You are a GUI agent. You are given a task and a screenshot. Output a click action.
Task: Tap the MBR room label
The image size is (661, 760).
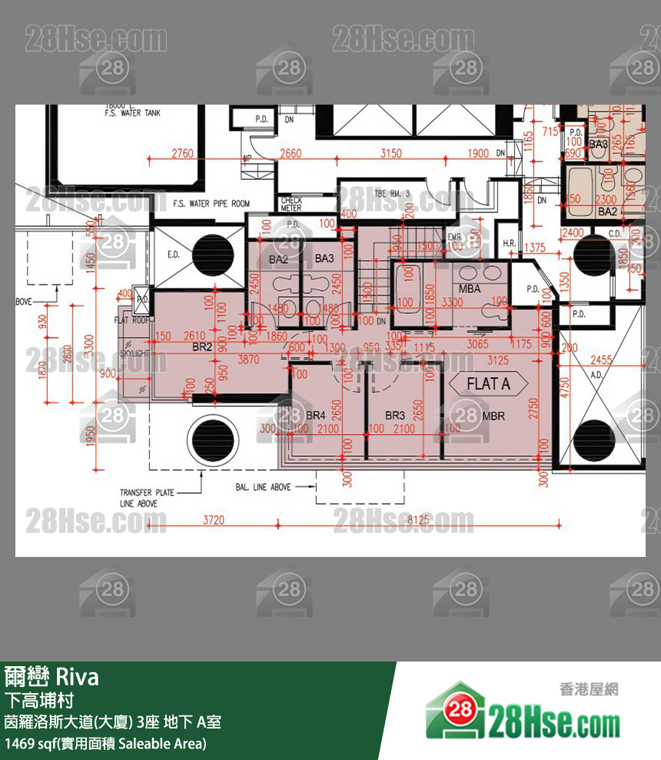click(493, 416)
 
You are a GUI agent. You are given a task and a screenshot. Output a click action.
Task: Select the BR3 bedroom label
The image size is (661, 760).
click(395, 415)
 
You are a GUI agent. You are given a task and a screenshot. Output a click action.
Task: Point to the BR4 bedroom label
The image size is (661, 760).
click(316, 415)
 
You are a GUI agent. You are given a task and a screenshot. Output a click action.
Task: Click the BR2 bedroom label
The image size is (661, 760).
click(202, 348)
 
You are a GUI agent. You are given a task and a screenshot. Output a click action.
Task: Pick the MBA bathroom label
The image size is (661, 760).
click(470, 289)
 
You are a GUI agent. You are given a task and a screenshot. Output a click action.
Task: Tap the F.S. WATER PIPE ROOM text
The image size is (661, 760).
click(211, 204)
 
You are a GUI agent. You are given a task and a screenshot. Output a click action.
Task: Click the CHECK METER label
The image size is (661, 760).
click(291, 204)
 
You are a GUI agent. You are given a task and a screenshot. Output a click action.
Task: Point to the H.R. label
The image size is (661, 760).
click(510, 244)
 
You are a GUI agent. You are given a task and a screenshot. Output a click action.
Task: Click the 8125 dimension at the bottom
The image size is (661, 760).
click(418, 520)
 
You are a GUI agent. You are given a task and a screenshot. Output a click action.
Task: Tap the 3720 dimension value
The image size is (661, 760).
click(213, 520)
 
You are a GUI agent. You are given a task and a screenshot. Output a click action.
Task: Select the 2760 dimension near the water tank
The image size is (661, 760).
click(182, 153)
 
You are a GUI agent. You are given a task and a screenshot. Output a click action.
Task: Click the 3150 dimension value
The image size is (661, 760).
click(390, 153)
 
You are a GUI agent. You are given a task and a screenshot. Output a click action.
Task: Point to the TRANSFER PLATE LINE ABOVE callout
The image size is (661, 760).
click(147, 498)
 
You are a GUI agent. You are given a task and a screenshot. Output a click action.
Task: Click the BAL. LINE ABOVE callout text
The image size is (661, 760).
click(263, 487)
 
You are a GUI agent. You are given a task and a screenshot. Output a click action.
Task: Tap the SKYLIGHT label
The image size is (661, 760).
click(136, 353)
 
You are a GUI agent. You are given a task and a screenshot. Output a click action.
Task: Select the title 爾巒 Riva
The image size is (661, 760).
click(51, 677)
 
